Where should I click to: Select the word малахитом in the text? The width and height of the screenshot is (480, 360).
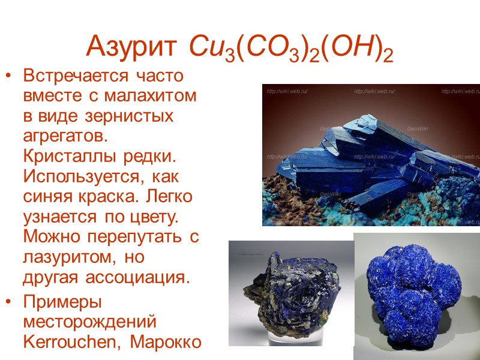click(160, 96)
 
